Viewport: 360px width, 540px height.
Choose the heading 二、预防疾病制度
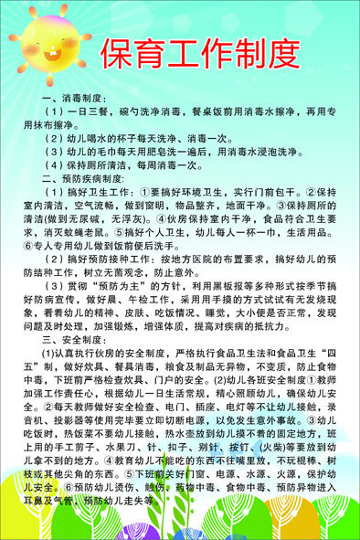(88, 177)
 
